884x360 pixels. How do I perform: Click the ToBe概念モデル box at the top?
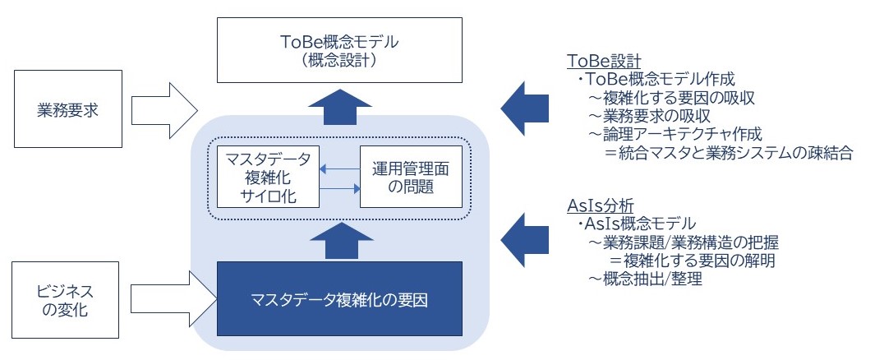[x=339, y=49]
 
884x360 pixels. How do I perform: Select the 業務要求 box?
[x=68, y=108]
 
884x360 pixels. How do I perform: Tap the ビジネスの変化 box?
[x=66, y=300]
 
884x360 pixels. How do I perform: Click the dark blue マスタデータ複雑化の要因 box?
[x=339, y=299]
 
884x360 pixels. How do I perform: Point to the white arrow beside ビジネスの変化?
[x=173, y=299]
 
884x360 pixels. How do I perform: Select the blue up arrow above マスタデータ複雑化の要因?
[x=340, y=240]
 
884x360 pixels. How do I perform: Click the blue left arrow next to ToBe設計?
[x=524, y=108]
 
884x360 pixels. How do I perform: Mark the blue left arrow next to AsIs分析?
[x=524, y=240]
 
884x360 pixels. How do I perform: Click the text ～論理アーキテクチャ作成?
[x=675, y=134]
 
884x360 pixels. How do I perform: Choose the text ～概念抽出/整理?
[x=646, y=279]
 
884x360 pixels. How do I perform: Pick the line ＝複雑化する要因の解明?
[x=691, y=261]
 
